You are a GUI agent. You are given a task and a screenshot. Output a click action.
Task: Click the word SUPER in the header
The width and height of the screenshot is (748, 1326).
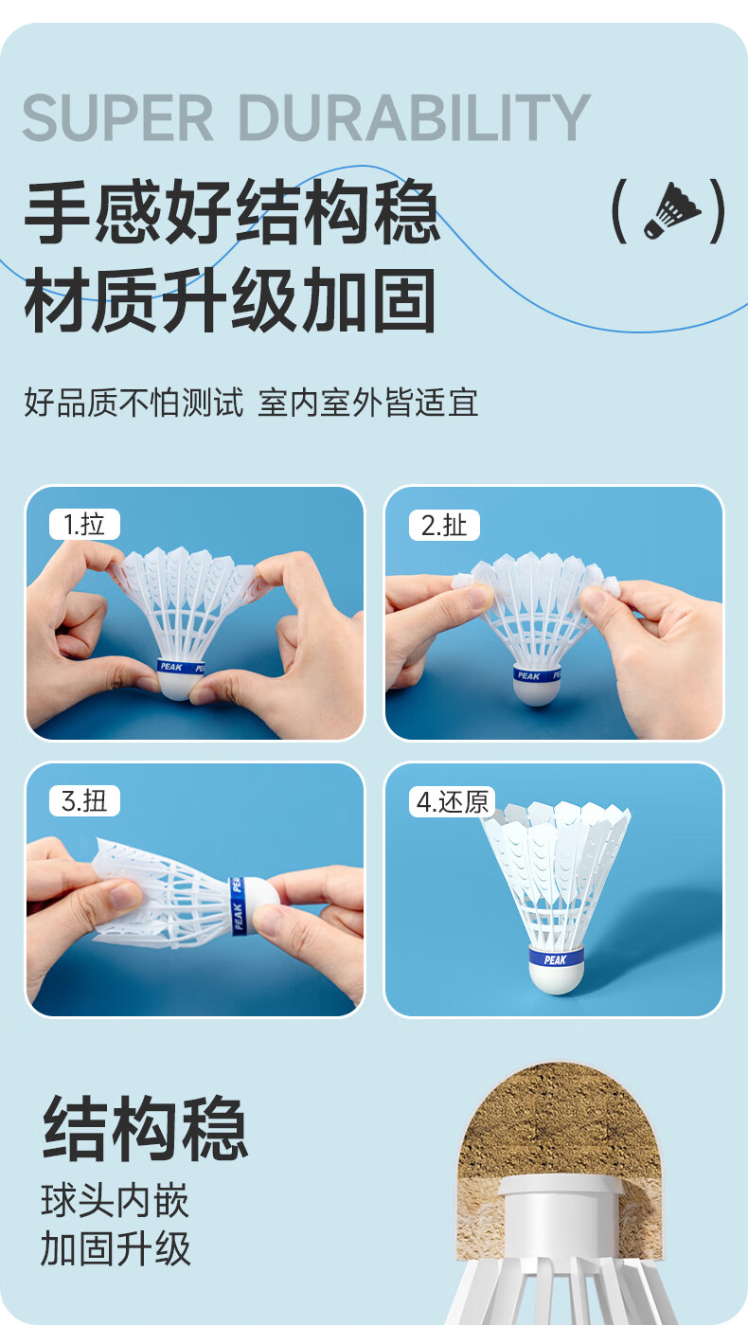pos(117,117)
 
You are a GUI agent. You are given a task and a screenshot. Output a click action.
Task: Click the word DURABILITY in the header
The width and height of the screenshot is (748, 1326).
pos(415,117)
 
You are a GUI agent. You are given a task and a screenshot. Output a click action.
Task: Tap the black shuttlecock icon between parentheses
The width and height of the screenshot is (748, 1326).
pos(671,210)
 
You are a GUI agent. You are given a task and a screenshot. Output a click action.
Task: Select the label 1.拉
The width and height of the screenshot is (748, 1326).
pos(84,525)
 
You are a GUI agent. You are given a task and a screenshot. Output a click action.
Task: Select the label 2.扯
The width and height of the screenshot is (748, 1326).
pos(444,525)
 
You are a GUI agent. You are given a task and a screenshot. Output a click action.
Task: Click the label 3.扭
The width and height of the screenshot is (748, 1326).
pos(84,801)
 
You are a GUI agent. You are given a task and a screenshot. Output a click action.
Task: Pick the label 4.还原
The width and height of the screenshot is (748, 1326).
pos(453,802)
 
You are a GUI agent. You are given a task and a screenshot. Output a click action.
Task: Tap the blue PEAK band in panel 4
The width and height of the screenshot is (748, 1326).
pos(557,956)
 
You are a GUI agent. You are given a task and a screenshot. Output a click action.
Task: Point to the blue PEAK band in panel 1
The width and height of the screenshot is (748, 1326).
pos(181,667)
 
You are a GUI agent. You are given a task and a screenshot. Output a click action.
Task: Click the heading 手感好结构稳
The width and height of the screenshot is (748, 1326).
pos(232,211)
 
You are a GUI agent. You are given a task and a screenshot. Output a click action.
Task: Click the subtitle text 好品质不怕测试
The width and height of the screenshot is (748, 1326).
pos(134,403)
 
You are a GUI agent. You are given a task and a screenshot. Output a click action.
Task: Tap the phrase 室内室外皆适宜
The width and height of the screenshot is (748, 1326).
pos(368,403)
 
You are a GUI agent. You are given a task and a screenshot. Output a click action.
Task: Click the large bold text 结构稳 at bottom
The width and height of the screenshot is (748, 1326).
pos(145,1127)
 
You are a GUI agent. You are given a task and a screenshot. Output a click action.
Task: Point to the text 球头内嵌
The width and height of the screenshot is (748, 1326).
pos(115,1201)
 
